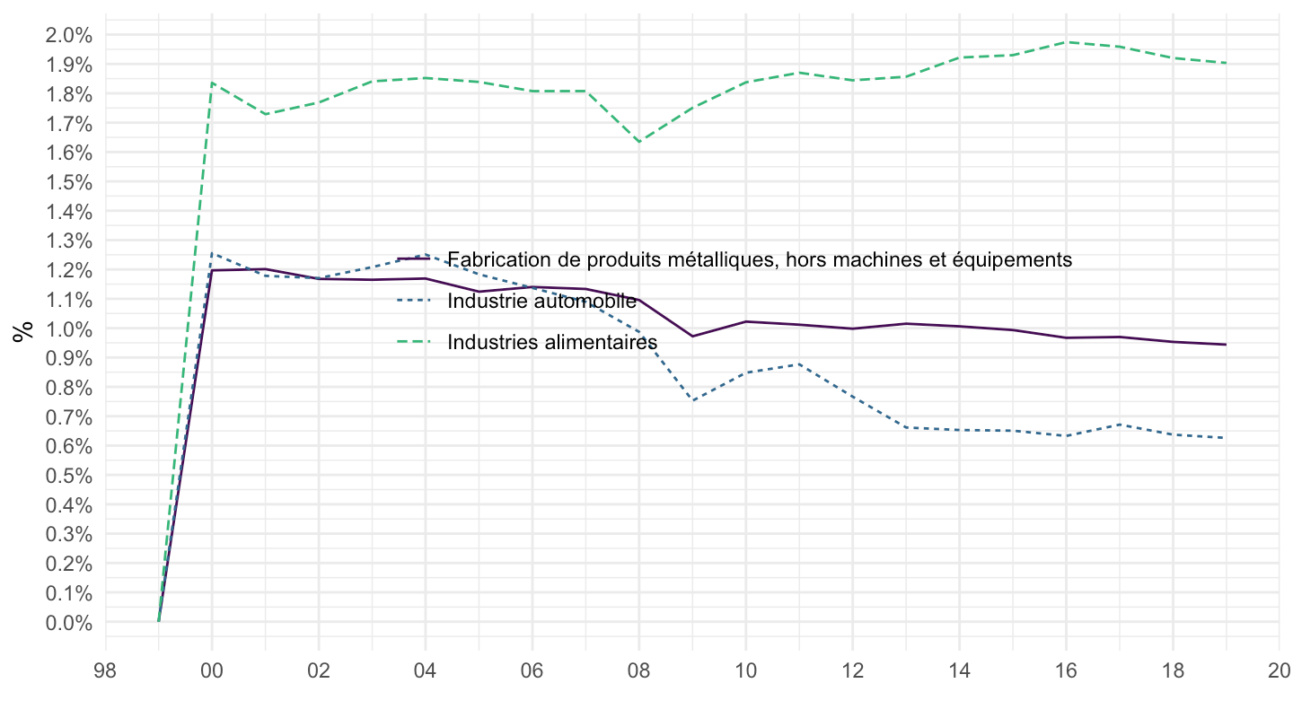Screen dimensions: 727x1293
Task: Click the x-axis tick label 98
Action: tap(106, 670)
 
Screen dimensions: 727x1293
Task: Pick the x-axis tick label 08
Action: tap(639, 670)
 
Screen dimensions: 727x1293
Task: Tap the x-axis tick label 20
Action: tap(1279, 670)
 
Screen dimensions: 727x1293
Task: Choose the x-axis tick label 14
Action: tap(959, 670)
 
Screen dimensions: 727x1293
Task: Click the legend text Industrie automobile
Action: tap(541, 302)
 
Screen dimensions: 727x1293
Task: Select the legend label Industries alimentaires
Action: tap(552, 342)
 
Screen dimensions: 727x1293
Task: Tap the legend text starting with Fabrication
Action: tap(760, 259)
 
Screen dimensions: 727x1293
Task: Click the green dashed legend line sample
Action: tap(415, 342)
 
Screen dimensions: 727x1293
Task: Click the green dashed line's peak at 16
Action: tap(1066, 41)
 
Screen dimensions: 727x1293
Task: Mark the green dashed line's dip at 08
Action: tap(639, 142)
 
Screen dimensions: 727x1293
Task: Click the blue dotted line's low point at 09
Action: tap(692, 400)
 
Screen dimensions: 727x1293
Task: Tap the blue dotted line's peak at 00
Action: tap(212, 253)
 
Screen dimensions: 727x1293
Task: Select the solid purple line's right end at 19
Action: tap(1226, 345)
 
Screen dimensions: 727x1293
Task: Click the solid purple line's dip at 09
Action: tap(692, 337)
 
